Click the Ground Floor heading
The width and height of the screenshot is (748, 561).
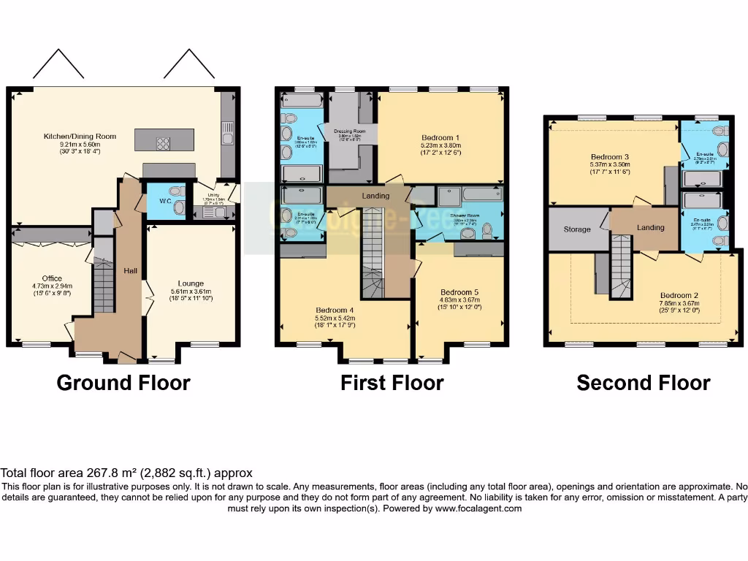point(123,383)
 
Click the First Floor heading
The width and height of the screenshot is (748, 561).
point(392,383)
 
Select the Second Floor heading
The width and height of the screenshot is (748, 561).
point(643,383)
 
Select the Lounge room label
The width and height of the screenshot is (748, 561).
point(191,283)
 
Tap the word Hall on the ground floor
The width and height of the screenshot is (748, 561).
point(131,271)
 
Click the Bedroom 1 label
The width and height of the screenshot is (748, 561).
point(440,137)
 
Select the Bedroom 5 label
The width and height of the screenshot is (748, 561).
point(459,291)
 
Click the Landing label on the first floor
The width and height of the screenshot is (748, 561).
point(375,196)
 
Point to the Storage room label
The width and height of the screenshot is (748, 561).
point(576,229)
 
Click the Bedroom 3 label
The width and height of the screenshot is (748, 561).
point(610,157)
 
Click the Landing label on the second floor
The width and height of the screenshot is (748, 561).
point(650,228)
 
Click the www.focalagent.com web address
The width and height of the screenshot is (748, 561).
point(478,508)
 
